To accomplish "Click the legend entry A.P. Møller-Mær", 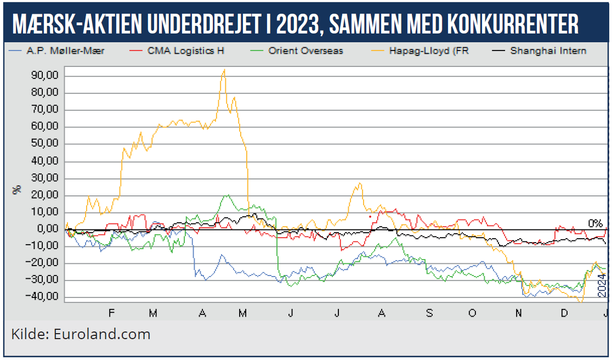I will click(65, 50).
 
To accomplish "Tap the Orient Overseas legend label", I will click(305, 50).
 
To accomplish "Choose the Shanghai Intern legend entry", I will click(548, 50).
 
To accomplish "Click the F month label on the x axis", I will click(112, 313).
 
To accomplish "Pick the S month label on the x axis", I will click(429, 313).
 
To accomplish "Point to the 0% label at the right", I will click(596, 223).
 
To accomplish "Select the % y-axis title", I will click(17, 189).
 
